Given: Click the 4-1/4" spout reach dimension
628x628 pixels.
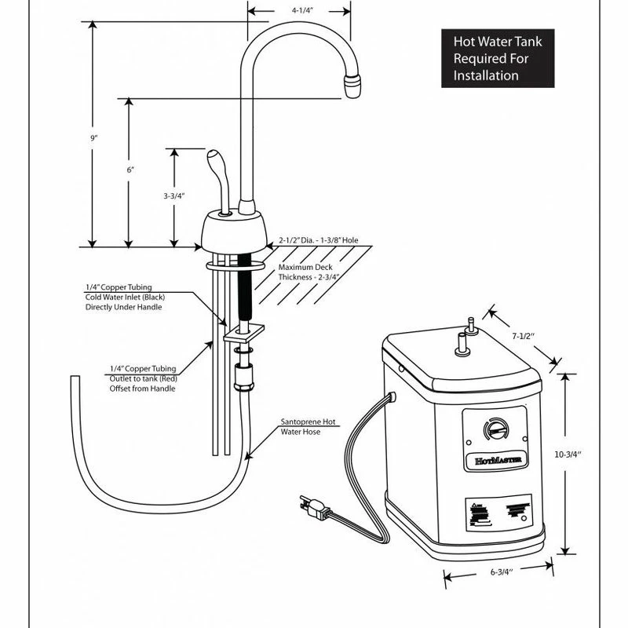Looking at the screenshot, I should [x=298, y=12].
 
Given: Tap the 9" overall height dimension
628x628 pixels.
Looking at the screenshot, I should [x=93, y=138].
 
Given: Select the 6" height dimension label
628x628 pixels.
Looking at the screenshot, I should [x=130, y=170].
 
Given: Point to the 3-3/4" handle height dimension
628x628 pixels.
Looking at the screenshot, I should [x=173, y=196].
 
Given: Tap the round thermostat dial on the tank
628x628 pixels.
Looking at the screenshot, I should [x=492, y=429].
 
